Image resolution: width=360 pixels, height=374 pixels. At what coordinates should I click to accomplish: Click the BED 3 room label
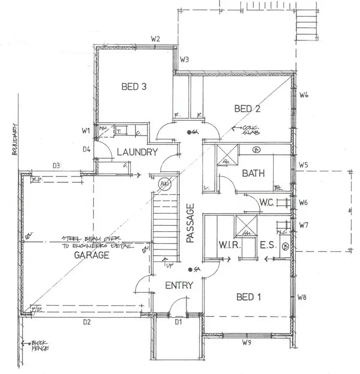133,87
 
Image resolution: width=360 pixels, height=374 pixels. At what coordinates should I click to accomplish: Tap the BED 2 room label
247,109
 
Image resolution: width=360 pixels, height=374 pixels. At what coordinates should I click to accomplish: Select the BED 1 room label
248,297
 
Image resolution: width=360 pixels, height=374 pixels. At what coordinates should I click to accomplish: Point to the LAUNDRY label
137,152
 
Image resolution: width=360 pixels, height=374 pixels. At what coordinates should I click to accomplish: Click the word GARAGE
91,255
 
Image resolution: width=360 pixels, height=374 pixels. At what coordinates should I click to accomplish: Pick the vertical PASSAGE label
191,223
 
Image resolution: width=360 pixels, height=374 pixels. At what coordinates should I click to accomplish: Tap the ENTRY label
179,285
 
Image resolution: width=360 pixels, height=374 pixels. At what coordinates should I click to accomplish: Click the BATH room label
253,173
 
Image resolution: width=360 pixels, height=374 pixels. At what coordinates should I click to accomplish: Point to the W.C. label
266,202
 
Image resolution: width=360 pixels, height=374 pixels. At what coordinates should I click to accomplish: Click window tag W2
155,39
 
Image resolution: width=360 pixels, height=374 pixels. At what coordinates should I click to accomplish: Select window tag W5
303,165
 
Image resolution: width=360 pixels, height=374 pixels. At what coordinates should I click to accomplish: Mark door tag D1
179,322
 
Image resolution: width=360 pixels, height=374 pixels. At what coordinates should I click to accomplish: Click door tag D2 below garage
86,322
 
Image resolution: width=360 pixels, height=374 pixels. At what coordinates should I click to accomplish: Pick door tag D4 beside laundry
86,149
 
